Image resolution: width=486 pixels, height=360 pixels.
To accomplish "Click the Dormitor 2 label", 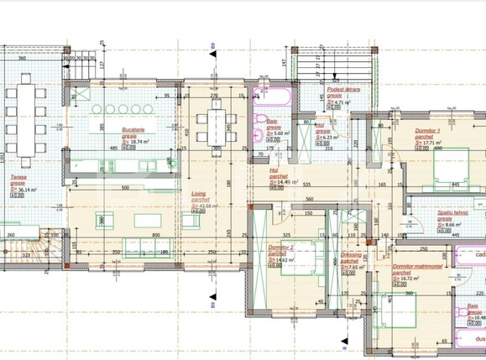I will (280, 248).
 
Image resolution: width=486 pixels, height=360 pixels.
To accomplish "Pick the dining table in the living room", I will (218, 126).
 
